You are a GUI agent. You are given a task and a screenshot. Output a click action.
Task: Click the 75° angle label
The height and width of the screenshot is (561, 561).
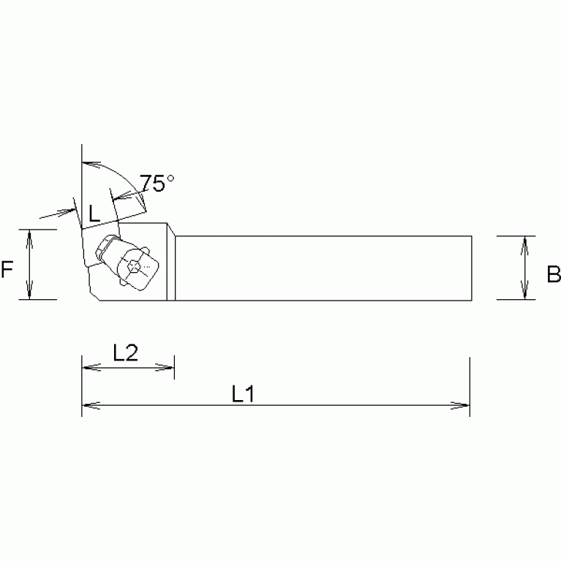point(158,184)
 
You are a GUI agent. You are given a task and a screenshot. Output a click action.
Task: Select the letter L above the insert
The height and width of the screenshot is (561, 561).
point(94,214)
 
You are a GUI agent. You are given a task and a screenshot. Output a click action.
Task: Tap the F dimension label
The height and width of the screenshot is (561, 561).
point(8,271)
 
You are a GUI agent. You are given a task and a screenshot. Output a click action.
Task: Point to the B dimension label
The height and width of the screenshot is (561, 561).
point(553,274)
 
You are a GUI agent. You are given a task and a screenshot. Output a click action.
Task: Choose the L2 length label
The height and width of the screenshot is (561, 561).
point(126,353)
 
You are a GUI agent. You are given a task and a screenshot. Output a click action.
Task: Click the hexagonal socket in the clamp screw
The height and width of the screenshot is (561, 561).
point(133,268)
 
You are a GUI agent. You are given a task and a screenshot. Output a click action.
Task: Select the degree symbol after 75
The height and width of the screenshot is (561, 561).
point(170,178)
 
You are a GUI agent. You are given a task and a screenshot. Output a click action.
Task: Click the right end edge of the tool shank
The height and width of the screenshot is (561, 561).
point(471,268)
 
